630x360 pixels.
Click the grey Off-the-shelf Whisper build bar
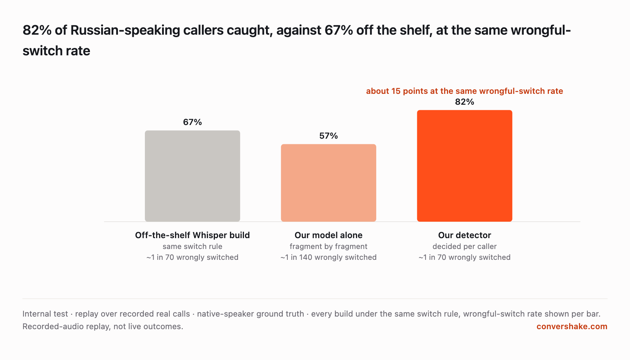192,176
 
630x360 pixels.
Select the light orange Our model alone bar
329,183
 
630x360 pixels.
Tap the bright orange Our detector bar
464,166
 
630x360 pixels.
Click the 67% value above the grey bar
192,122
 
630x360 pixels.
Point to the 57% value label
329,136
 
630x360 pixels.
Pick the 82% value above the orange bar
464,102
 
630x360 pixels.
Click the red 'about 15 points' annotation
464,91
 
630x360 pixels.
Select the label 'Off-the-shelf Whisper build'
192,235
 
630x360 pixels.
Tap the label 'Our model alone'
329,235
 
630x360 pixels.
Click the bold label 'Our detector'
464,235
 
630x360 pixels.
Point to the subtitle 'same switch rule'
192,247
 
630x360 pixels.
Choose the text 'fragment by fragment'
329,247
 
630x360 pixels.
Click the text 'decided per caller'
464,247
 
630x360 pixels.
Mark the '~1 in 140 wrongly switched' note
329,257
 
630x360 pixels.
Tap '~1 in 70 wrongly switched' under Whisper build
192,257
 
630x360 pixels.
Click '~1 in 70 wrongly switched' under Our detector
464,257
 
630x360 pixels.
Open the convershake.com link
572,326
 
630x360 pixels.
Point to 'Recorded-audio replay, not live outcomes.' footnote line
103,326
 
